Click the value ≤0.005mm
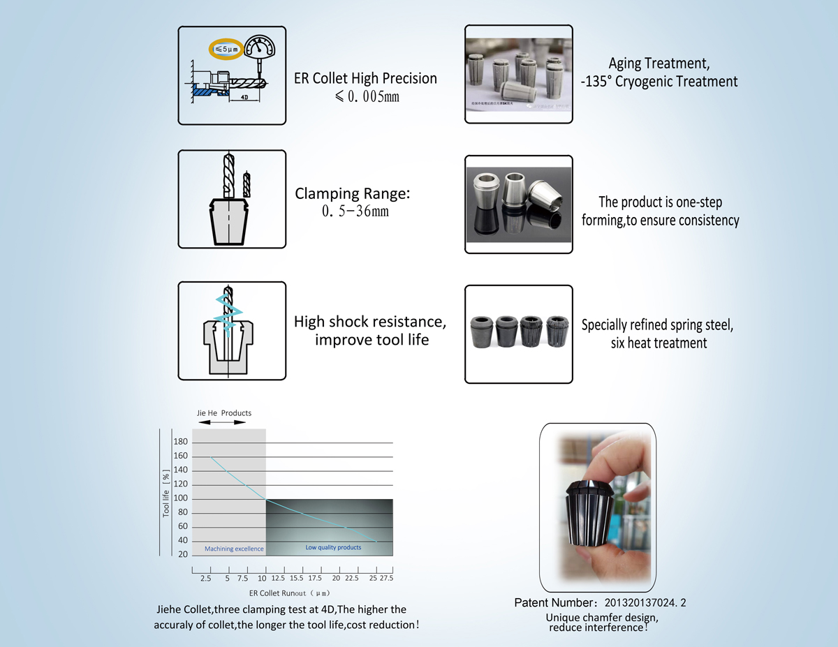366,96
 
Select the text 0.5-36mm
355,210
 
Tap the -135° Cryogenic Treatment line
659,82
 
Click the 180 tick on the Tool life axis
180,442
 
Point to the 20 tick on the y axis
182,555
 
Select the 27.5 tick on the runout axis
386,579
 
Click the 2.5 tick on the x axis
205,579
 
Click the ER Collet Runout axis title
288,593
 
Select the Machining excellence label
234,549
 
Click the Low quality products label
333,547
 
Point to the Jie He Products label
223,413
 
